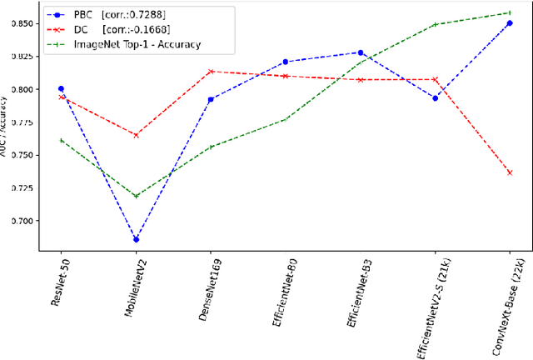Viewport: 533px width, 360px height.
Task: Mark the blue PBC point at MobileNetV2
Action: point(136,240)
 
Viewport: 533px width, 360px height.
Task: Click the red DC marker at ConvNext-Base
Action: point(509,172)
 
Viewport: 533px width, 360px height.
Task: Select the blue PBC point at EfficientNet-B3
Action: point(360,52)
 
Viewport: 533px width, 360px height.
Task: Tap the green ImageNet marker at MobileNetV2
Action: point(136,196)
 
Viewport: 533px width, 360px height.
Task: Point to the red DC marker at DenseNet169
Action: point(211,72)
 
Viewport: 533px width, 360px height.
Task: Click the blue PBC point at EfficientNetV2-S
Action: point(435,97)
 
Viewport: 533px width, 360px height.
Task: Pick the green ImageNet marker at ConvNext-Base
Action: point(509,12)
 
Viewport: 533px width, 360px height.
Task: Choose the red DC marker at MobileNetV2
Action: point(136,135)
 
